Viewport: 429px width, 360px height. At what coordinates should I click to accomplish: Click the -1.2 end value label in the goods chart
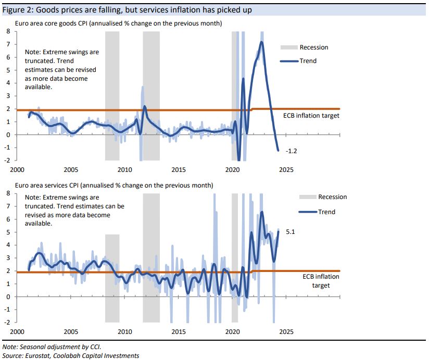(x=291, y=151)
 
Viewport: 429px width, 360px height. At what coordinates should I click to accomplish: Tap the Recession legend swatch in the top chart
(x=289, y=47)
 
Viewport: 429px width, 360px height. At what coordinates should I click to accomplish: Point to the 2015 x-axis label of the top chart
(x=179, y=169)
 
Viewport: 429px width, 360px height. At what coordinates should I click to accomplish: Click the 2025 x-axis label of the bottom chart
(x=286, y=331)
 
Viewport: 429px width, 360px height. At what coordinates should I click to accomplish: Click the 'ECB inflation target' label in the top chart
(x=311, y=115)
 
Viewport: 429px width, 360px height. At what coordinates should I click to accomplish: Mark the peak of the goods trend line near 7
(x=262, y=42)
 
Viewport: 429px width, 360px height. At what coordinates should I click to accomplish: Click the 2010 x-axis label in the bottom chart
(x=124, y=331)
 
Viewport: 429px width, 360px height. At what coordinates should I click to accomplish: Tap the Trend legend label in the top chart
(x=308, y=61)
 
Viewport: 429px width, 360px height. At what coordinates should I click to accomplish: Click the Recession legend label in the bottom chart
(x=332, y=197)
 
